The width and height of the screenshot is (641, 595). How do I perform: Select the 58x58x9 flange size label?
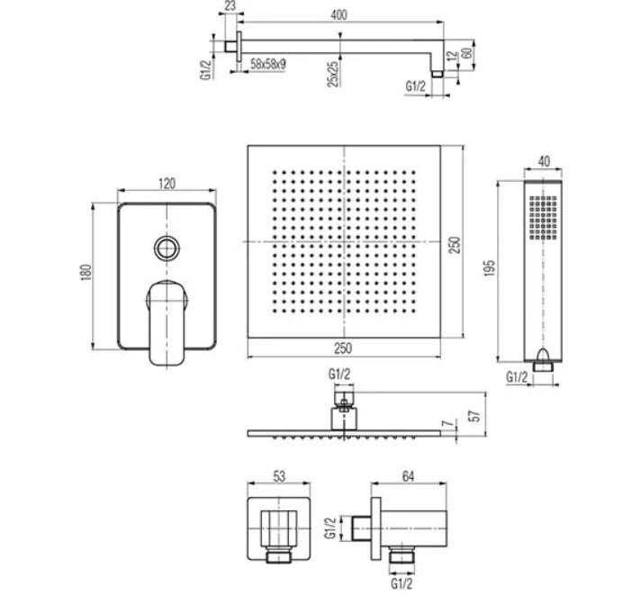point(268,65)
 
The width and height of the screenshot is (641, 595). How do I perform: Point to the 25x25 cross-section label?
point(332,73)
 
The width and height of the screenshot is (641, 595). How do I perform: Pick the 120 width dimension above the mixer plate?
point(167,183)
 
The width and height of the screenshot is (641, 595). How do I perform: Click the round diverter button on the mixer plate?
point(167,247)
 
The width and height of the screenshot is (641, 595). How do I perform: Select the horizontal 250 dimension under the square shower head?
point(345,348)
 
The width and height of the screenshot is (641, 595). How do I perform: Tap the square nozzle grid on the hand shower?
point(543,217)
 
